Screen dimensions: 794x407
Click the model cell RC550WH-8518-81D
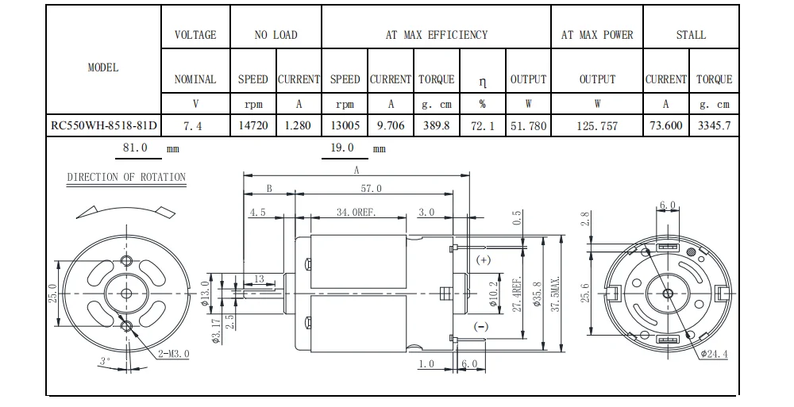point(104,125)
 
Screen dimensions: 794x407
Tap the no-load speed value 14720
point(253,125)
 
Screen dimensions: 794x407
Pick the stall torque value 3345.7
point(714,125)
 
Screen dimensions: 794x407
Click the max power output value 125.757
point(597,126)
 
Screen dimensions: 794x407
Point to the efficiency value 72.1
point(483,126)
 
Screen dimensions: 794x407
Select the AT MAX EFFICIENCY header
point(437,35)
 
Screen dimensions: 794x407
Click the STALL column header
point(691,35)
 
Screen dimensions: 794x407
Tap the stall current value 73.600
point(666,125)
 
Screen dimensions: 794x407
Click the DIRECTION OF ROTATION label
point(126,177)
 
